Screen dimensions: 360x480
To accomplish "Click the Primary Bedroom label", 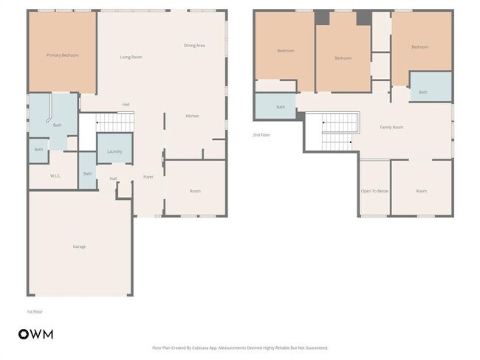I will click(x=62, y=55).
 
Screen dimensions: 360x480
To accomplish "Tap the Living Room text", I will click(x=131, y=57).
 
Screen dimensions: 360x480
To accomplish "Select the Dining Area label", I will click(x=194, y=46).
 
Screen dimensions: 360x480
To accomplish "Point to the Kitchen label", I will click(x=192, y=116).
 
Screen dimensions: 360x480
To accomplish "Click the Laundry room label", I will click(x=114, y=151).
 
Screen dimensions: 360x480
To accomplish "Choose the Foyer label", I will click(x=148, y=177).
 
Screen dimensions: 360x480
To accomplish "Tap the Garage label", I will click(x=79, y=246).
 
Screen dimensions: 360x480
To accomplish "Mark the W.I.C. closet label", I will click(x=55, y=176).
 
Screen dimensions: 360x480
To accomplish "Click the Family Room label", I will click(x=391, y=128).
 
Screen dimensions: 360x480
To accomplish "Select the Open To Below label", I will click(x=374, y=191).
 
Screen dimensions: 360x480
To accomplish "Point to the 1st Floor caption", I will click(x=35, y=311).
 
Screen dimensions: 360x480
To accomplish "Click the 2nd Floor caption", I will click(x=261, y=135).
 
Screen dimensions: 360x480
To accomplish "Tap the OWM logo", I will click(x=35, y=334).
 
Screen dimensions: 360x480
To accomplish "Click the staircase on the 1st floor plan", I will click(x=114, y=122).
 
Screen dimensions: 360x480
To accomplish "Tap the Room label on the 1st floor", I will click(x=195, y=191).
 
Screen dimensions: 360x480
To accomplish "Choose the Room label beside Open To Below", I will click(x=421, y=191).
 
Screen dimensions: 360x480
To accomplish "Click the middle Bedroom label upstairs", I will click(x=343, y=58).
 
